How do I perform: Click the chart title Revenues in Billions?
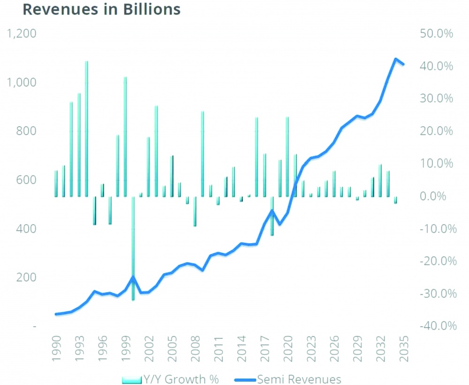pyautogui.click(x=101, y=9)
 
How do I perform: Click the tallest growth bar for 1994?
pyautogui.click(x=87, y=129)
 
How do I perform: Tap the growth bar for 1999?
pyautogui.click(x=125, y=136)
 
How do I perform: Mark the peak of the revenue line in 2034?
pyautogui.click(x=395, y=59)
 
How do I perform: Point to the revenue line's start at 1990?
pyautogui.click(x=56, y=314)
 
